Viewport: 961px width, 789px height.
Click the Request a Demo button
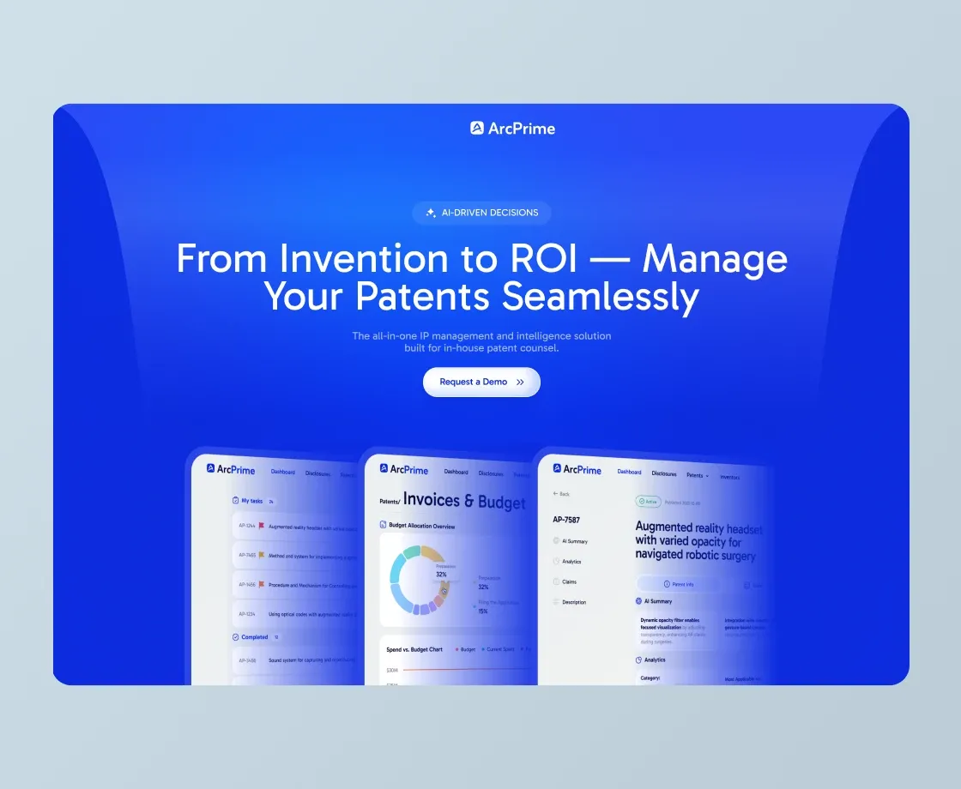(x=481, y=382)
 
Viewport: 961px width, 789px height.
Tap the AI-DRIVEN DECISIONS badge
(x=481, y=213)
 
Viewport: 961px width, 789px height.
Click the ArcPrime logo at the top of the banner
(x=512, y=129)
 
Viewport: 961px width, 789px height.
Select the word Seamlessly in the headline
(x=600, y=296)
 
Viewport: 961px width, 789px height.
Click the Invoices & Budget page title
(x=463, y=501)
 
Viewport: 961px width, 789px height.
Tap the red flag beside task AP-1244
(x=261, y=526)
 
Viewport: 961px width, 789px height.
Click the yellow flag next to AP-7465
(x=261, y=555)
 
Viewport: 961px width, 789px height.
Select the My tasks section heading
(x=251, y=501)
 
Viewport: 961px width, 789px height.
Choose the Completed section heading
(x=254, y=637)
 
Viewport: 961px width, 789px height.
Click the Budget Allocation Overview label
(x=421, y=526)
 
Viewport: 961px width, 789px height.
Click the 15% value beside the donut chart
(x=482, y=611)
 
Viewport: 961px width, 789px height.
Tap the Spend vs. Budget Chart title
(x=414, y=649)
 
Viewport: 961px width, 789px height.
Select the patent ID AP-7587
(x=567, y=520)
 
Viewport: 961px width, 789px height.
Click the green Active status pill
(x=648, y=502)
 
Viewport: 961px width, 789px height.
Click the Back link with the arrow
(x=561, y=494)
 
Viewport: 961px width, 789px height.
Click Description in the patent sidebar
(x=574, y=602)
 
